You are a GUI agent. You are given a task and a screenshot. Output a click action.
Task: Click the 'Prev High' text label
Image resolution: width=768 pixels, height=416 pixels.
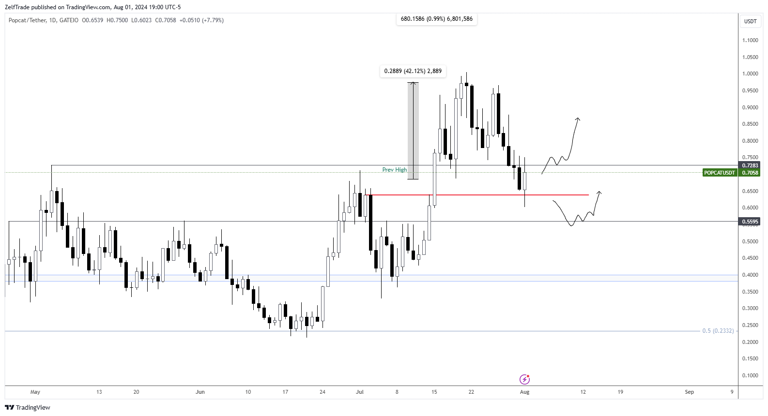click(395, 170)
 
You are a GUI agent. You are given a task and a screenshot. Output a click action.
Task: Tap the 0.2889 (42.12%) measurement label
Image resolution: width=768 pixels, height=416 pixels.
click(413, 71)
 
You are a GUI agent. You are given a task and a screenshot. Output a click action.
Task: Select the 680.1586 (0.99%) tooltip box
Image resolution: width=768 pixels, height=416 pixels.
click(436, 19)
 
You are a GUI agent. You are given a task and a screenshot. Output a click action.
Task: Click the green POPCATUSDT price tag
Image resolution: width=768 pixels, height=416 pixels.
click(720, 173)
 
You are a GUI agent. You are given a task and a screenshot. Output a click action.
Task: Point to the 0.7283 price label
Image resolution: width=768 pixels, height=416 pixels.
click(750, 165)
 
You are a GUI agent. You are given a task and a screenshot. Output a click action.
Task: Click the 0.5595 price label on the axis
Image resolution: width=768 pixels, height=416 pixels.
click(750, 222)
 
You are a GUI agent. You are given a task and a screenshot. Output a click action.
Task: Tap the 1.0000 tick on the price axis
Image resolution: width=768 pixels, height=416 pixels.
click(750, 74)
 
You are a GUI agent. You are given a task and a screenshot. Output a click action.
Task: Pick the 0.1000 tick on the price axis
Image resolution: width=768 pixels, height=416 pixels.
click(750, 375)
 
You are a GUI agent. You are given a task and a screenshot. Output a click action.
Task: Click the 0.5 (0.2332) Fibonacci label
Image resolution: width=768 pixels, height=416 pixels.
click(718, 331)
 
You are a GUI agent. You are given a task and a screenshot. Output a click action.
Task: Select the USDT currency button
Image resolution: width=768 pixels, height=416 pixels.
click(750, 21)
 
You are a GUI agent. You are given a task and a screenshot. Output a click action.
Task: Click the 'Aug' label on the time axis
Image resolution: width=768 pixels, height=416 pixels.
click(524, 392)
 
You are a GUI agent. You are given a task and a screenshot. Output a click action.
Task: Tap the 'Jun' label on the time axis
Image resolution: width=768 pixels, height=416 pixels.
click(200, 392)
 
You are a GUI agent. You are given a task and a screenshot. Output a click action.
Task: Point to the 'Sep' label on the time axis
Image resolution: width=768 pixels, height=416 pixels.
click(689, 392)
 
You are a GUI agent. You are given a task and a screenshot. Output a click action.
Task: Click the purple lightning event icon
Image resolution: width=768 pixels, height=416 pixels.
click(524, 379)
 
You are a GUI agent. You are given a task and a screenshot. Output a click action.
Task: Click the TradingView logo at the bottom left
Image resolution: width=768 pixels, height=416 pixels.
click(28, 407)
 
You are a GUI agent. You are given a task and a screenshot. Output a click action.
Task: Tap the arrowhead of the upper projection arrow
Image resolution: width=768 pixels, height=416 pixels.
click(577, 119)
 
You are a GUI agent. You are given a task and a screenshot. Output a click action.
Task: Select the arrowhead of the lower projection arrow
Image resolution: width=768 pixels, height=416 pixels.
click(599, 193)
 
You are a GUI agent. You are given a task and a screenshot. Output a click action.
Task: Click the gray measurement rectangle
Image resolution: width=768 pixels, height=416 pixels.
click(413, 131)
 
